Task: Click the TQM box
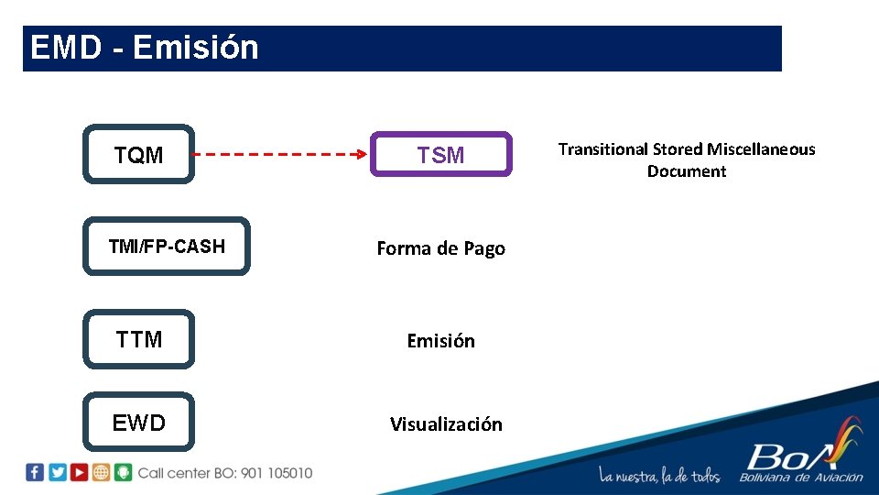(x=139, y=155)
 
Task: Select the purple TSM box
(x=440, y=155)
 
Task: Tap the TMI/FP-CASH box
(x=166, y=247)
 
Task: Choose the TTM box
(x=139, y=339)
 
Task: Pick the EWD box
(x=139, y=423)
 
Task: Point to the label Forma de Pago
(x=440, y=248)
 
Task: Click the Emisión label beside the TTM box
(x=440, y=341)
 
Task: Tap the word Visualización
(x=446, y=424)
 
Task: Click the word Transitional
(x=603, y=149)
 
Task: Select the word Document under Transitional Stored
(x=687, y=171)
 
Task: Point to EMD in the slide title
(x=65, y=48)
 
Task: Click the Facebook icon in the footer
(x=35, y=473)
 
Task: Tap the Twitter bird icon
(x=58, y=473)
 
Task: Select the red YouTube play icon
(x=80, y=473)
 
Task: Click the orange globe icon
(x=102, y=473)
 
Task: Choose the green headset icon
(x=124, y=473)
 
